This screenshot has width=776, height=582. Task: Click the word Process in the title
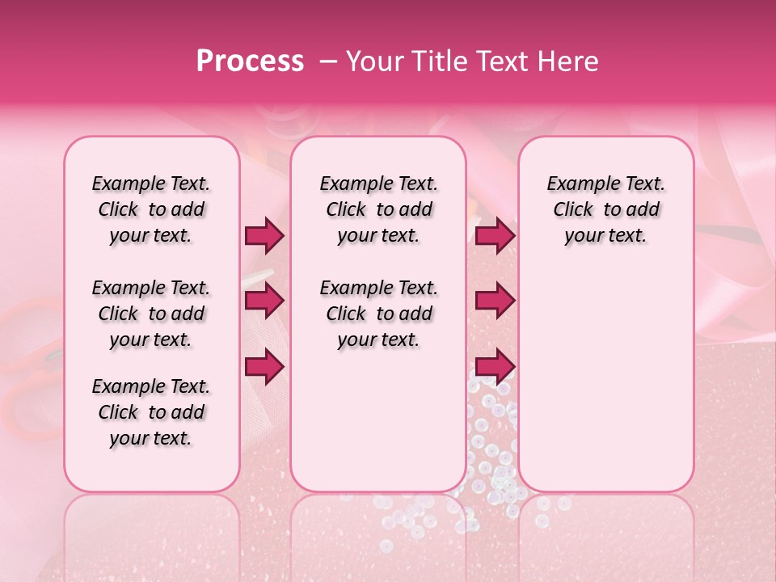(250, 61)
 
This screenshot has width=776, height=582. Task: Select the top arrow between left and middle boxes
(264, 236)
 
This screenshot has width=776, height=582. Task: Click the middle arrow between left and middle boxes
(264, 302)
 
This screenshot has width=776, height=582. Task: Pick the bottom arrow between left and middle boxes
(264, 366)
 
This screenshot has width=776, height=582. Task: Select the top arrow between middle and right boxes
(495, 236)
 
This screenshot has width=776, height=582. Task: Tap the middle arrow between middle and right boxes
(495, 302)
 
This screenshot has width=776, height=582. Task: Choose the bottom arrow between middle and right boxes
(495, 366)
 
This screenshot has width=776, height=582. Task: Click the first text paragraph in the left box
(151, 209)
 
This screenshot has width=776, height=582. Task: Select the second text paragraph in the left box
(151, 314)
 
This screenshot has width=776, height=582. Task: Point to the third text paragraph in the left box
(151, 412)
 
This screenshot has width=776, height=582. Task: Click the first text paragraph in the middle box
(379, 209)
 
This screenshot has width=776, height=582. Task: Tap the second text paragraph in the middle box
(379, 314)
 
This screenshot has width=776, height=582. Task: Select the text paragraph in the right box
(606, 209)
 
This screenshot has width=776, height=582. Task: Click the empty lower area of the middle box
(378, 420)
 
